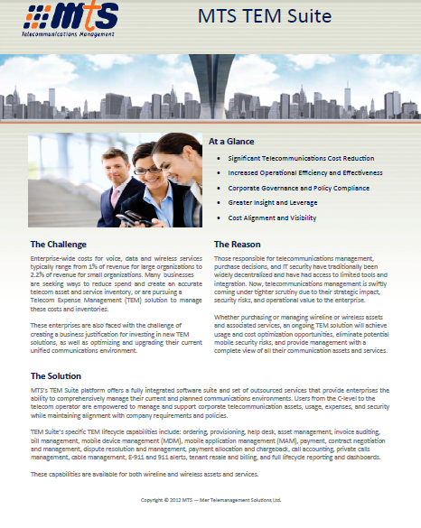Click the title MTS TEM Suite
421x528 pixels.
coord(265,16)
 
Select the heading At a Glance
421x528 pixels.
coord(231,142)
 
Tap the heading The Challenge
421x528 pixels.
coord(59,245)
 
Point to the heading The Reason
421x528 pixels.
coord(239,245)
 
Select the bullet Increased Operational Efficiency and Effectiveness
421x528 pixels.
coord(305,172)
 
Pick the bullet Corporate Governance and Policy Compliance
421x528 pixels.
coord(298,188)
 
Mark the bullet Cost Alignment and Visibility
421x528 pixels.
coord(272,218)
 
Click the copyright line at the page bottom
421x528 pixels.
coord(210,499)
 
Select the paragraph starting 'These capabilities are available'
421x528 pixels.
coord(126,474)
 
